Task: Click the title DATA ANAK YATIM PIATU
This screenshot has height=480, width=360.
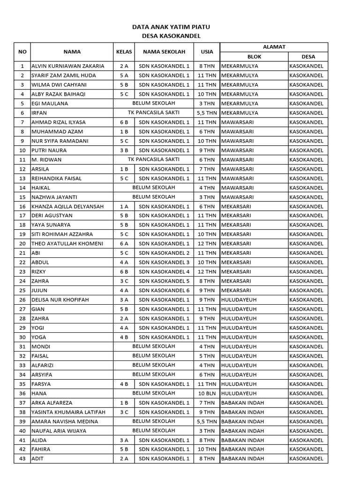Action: point(171,28)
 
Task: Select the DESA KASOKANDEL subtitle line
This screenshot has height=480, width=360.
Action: point(171,36)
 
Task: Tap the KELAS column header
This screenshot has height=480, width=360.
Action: point(124,52)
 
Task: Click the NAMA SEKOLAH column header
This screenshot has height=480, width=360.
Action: point(164,52)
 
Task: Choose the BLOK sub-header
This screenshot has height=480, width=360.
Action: point(254,57)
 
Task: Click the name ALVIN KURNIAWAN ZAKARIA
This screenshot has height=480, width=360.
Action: point(68,66)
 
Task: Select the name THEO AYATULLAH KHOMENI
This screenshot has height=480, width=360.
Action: point(67,244)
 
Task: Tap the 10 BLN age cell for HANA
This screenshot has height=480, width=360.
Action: point(207,393)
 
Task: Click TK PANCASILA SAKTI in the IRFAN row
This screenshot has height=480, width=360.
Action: point(154,112)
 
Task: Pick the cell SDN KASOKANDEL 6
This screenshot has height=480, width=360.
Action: point(164,291)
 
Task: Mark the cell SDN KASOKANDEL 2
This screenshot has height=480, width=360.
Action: point(164,253)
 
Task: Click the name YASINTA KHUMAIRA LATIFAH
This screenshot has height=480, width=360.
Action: point(68,412)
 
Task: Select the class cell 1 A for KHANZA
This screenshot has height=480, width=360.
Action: point(124,206)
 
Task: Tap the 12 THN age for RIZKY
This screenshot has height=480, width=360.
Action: point(207,272)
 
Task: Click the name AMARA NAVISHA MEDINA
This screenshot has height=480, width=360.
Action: point(65,421)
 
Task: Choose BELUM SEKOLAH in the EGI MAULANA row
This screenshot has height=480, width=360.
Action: point(154,103)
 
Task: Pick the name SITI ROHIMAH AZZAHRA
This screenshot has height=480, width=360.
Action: point(62,234)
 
